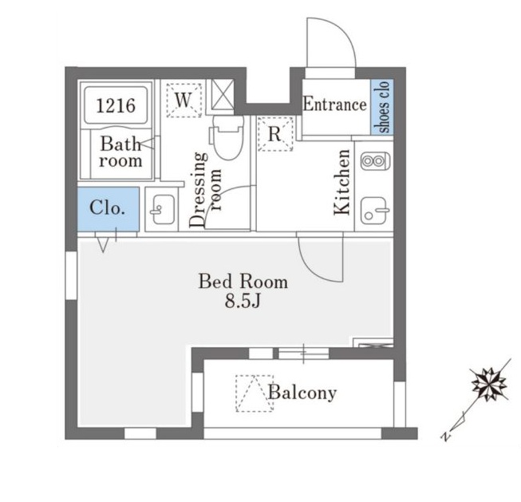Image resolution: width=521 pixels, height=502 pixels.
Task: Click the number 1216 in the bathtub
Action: [x=116, y=105]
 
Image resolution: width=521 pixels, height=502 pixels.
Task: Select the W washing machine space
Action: [x=184, y=100]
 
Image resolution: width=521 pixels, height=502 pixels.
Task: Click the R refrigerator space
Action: [x=275, y=134]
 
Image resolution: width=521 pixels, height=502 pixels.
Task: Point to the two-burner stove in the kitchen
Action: [x=375, y=161]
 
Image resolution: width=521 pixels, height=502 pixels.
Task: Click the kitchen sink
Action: [x=374, y=211]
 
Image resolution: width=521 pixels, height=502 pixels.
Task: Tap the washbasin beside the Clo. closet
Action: [x=162, y=209]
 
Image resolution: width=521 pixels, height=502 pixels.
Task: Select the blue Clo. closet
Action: [x=109, y=209]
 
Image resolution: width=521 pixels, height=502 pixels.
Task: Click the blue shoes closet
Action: [x=382, y=107]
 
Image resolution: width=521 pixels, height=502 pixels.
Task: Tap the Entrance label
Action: [x=335, y=104]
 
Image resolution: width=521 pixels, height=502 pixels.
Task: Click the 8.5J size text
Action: [x=243, y=302]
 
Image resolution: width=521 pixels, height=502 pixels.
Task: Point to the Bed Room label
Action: [x=243, y=282]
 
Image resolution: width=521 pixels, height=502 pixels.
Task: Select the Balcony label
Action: [x=302, y=393]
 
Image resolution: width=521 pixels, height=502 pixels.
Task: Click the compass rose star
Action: [x=489, y=385]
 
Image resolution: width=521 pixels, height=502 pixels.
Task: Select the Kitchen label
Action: [x=342, y=182]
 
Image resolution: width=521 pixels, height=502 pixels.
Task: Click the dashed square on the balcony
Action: [x=255, y=393]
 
